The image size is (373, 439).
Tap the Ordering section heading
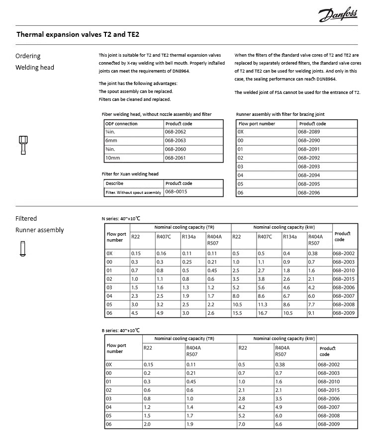[x=28, y=56]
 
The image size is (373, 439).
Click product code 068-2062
[x=175, y=132]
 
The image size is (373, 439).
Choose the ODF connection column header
[x=121, y=124]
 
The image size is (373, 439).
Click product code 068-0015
[x=176, y=192]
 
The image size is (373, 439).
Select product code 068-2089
[x=309, y=132]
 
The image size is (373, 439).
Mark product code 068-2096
[x=309, y=192]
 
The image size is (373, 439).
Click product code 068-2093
[x=309, y=167]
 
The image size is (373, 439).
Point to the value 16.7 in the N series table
[x=263, y=314]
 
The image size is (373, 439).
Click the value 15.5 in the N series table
[x=237, y=314]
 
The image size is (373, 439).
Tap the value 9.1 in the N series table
[x=312, y=314]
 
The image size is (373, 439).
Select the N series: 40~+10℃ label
[x=121, y=218]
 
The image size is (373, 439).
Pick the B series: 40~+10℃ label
[x=121, y=330]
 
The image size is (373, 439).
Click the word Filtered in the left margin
[x=26, y=218]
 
